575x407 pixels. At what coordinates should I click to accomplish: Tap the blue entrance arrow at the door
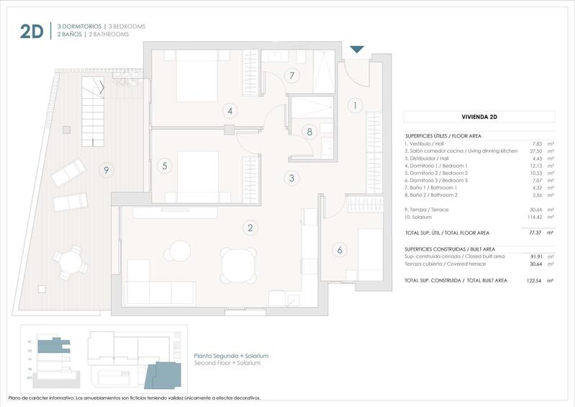pos(357,50)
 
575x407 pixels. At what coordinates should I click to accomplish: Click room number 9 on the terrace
pos(106,170)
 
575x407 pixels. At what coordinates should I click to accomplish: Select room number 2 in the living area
pos(250,228)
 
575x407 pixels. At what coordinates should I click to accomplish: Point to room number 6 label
pos(339,250)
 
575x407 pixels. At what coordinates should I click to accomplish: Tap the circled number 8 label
pos(309,132)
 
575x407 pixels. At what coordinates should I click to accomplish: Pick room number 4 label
pos(230,111)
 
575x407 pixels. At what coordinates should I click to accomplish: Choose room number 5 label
pos(165,166)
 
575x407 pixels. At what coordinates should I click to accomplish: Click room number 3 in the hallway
pos(291,178)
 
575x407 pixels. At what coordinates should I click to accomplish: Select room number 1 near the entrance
pos(353,106)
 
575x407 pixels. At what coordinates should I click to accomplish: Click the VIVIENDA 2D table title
pos(479,116)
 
